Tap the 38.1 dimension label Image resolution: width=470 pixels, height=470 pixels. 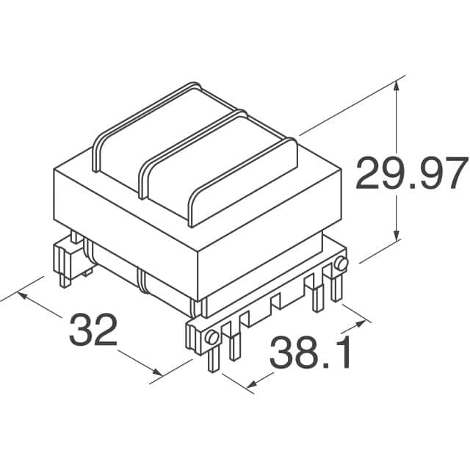coord(311,354)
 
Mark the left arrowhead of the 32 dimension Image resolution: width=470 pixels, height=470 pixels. coord(21,296)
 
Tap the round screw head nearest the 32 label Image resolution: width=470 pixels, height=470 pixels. coord(211,337)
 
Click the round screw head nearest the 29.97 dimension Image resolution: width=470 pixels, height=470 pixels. coord(341,264)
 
